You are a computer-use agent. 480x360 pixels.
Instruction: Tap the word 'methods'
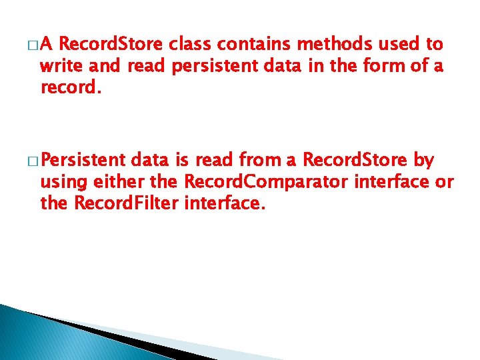[336, 45]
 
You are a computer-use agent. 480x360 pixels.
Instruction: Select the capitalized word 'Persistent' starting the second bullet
[83, 161]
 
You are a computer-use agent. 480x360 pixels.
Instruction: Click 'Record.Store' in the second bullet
[355, 161]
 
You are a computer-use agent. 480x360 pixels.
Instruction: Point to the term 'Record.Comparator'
[263, 182]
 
